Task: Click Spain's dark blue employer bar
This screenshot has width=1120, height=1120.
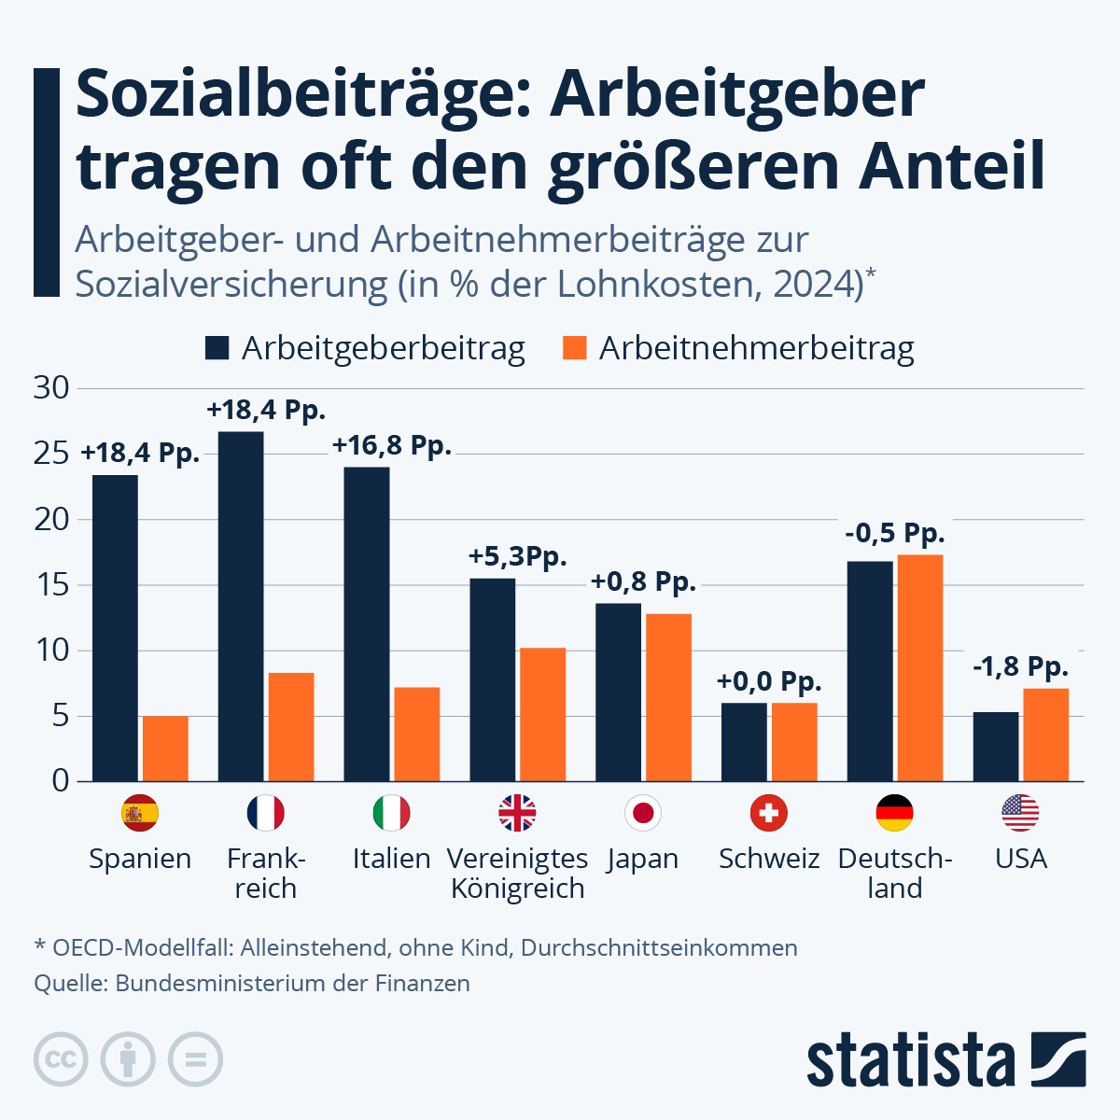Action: tap(115, 627)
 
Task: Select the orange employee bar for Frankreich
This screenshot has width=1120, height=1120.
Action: tap(291, 726)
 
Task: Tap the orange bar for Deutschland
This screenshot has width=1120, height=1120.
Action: tap(919, 667)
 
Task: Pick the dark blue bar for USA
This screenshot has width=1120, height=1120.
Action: tap(995, 746)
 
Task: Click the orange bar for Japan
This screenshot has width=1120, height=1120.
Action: tap(668, 696)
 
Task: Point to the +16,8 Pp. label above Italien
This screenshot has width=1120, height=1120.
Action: tap(392, 446)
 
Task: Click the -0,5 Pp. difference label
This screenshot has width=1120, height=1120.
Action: tap(895, 534)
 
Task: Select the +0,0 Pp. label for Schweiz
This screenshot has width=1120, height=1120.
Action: tap(769, 681)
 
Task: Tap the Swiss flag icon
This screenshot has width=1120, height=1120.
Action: tap(769, 813)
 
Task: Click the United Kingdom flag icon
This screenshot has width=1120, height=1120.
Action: tap(517, 813)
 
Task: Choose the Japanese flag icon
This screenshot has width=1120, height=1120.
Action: tap(643, 813)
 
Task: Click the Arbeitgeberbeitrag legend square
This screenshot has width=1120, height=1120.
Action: tap(217, 348)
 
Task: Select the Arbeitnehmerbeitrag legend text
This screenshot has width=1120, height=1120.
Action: tap(756, 348)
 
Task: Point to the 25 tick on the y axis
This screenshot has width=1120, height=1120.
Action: tap(52, 454)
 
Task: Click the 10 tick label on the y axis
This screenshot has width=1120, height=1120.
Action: tap(52, 651)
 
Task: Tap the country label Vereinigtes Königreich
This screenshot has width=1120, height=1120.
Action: tap(517, 873)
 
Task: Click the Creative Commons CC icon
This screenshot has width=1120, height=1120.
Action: tap(61, 1059)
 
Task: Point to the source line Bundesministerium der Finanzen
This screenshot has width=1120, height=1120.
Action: tap(252, 983)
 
